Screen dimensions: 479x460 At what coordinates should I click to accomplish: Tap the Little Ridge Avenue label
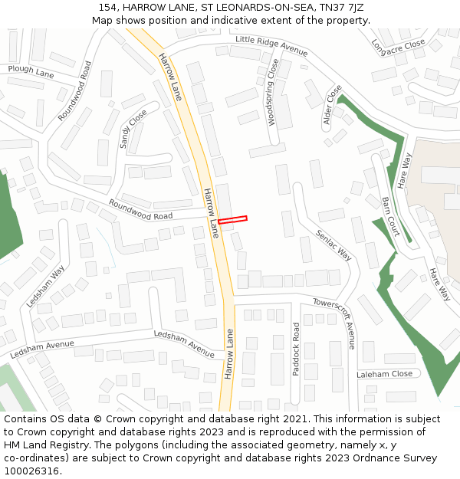click(271, 46)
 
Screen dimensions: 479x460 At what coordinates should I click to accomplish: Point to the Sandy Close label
click(133, 128)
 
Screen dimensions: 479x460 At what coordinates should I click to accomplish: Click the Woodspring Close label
click(271, 92)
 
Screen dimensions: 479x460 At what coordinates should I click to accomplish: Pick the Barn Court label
click(390, 215)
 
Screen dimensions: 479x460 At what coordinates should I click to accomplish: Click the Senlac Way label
click(334, 242)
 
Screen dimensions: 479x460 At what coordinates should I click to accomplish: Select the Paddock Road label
click(297, 349)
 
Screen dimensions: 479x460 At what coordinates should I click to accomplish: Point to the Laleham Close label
click(384, 374)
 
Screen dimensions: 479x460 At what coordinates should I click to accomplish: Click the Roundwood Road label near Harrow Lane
click(140, 210)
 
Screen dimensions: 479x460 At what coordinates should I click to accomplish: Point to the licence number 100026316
click(32, 471)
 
